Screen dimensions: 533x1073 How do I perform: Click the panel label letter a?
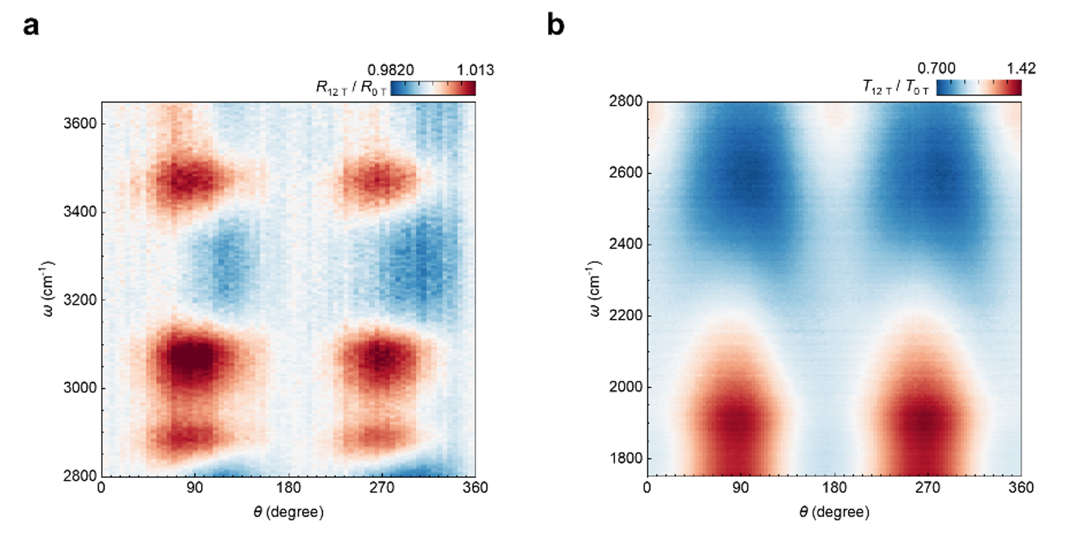(x=31, y=26)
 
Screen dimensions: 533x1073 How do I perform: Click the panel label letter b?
(x=555, y=25)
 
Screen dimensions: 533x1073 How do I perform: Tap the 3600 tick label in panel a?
(x=80, y=123)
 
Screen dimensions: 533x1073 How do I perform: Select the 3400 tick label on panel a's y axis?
(x=80, y=212)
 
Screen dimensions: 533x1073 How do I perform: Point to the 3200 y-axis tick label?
(x=80, y=300)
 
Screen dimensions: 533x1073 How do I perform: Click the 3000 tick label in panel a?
(x=80, y=388)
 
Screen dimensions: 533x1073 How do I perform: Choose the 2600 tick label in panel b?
(x=625, y=173)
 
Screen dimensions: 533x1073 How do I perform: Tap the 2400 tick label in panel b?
(x=625, y=244)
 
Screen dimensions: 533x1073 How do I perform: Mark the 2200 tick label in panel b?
(x=625, y=316)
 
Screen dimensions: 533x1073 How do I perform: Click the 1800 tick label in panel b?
(x=625, y=459)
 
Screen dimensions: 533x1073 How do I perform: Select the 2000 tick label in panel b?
(x=625, y=387)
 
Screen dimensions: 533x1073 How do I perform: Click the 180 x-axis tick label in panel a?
(x=289, y=488)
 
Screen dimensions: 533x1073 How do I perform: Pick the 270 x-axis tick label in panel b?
(x=928, y=488)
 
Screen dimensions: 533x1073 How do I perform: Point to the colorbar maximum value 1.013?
(x=475, y=70)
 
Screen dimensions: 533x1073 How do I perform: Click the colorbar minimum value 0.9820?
(x=391, y=70)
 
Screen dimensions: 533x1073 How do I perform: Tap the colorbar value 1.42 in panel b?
(x=1021, y=68)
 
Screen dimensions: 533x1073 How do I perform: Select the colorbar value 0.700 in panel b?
(x=936, y=68)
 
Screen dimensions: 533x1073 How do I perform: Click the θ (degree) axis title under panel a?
(x=289, y=512)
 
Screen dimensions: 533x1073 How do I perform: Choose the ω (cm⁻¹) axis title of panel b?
(x=595, y=289)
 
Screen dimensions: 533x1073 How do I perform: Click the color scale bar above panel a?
(x=433, y=88)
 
